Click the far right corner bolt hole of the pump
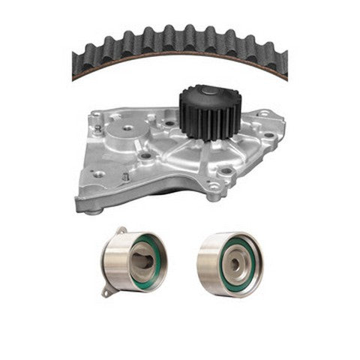[x=263, y=115]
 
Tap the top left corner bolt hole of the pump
[x=97, y=116]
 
